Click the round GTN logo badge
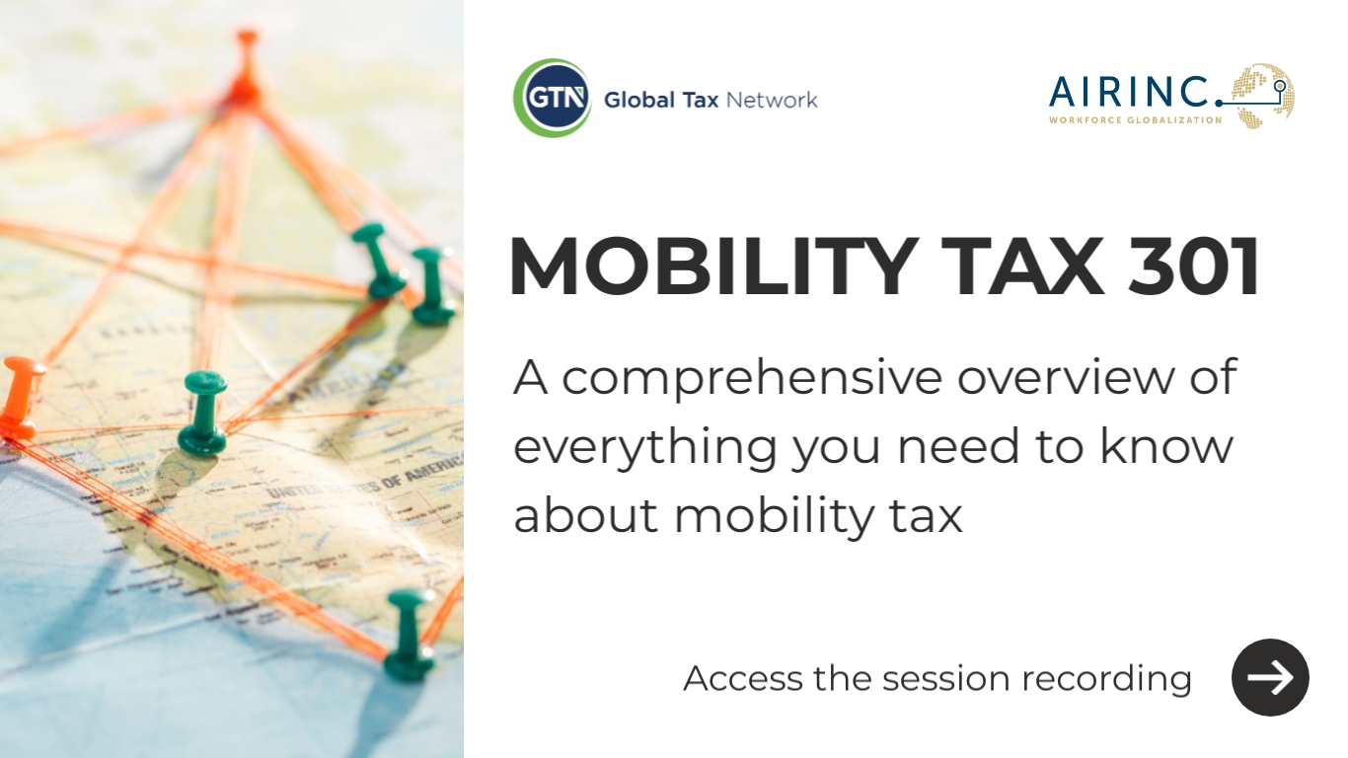[x=552, y=98]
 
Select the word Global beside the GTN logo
[x=638, y=100]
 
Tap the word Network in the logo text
[x=772, y=100]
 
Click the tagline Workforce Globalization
[x=1135, y=120]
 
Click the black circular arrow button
[x=1270, y=677]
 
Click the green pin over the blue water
[x=410, y=632]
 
